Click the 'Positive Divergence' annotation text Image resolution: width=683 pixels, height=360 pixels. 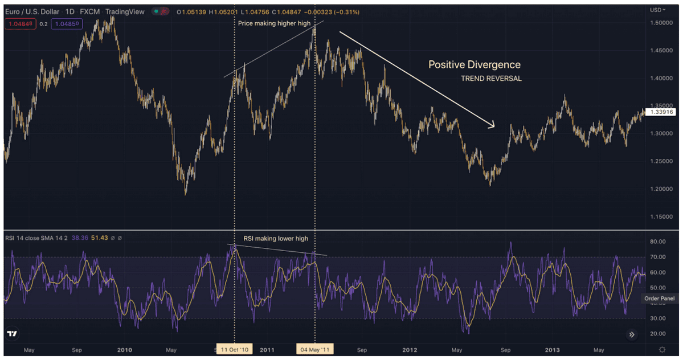474,65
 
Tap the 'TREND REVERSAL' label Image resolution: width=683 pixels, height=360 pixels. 491,79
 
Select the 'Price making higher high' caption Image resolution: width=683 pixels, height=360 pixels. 275,23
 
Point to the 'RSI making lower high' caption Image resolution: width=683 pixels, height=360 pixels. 276,238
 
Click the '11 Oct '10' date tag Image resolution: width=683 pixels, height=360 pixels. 235,349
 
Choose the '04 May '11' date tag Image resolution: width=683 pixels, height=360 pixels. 315,349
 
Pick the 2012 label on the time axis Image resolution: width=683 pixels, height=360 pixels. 410,349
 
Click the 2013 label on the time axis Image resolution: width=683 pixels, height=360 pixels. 552,349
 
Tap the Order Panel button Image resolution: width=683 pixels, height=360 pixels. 660,298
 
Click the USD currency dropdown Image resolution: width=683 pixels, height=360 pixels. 658,10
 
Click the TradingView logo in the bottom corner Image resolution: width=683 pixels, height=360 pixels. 11,334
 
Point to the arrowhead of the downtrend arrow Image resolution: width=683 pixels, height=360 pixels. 493,125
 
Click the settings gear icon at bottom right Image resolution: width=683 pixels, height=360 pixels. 661,349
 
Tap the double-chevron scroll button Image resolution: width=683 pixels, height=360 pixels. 632,335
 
